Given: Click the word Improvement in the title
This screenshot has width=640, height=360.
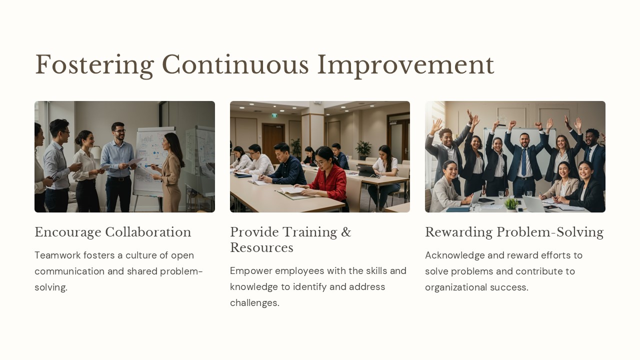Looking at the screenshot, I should click(x=405, y=65).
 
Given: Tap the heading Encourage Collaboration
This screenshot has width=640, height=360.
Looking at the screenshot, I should click(x=112, y=232).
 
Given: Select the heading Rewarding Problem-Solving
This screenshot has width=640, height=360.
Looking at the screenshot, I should click(x=514, y=232).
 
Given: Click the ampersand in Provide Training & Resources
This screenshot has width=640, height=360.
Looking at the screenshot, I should click(x=346, y=232).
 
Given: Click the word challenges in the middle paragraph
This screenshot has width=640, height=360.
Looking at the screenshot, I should click(x=254, y=303).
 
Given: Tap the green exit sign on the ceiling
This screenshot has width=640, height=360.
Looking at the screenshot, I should click(x=274, y=115).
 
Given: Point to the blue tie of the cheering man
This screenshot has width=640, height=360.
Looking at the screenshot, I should click(x=523, y=162).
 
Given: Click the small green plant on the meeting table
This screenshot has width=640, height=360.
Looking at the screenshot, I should click(x=511, y=204).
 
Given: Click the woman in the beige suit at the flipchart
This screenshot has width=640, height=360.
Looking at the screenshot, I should click(x=171, y=170).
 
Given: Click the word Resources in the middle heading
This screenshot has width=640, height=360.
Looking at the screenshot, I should click(x=261, y=248).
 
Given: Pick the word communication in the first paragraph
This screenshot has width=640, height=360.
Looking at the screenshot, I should click(x=70, y=271).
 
